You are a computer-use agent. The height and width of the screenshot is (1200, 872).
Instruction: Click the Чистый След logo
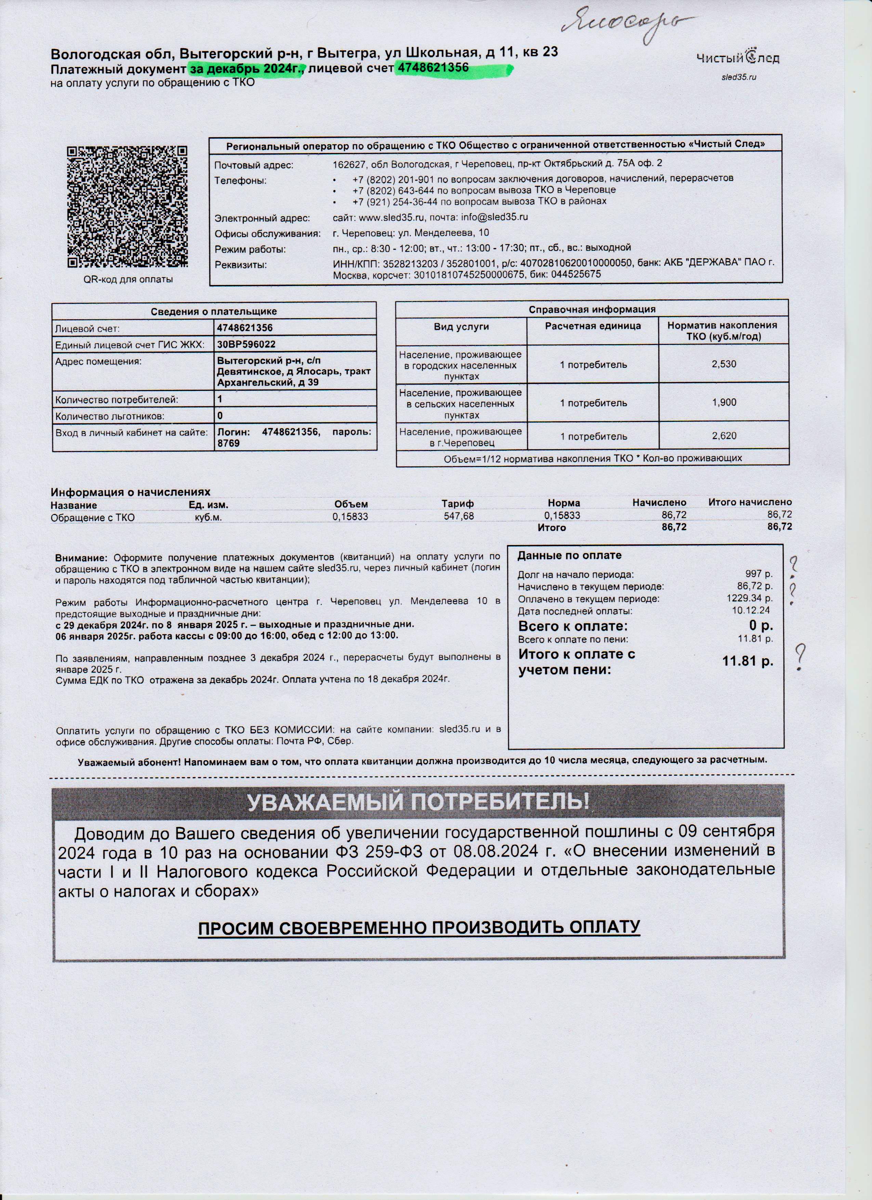click(738, 57)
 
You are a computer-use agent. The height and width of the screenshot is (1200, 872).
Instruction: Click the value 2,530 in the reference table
click(724, 364)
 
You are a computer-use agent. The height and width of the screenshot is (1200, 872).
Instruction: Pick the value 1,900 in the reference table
click(724, 402)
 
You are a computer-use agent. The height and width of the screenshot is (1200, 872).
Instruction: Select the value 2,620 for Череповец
click(724, 436)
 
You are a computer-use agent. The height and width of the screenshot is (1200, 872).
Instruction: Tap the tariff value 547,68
click(459, 516)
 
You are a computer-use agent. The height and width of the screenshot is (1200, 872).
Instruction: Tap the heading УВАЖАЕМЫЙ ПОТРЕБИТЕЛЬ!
click(418, 803)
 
